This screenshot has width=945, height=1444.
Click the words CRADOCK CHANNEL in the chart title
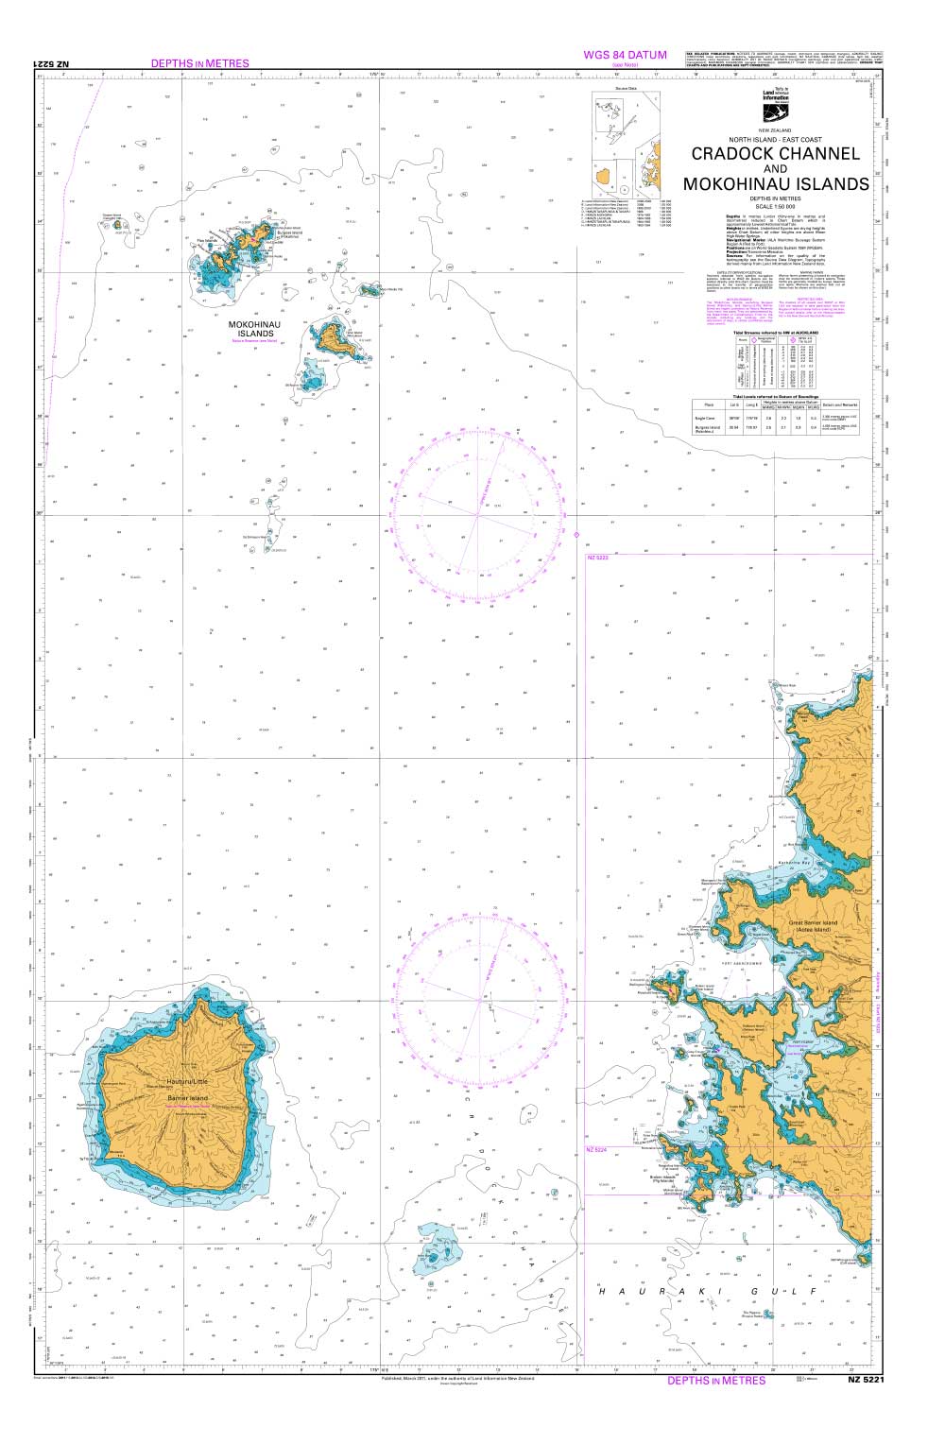click(776, 153)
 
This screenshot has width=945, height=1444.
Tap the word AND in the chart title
click(775, 169)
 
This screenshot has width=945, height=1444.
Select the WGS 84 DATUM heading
click(626, 56)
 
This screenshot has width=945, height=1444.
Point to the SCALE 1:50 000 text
click(775, 206)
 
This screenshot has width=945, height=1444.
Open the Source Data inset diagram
click(625, 142)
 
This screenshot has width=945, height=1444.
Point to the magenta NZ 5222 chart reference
click(598, 558)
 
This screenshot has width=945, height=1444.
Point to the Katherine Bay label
click(795, 863)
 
